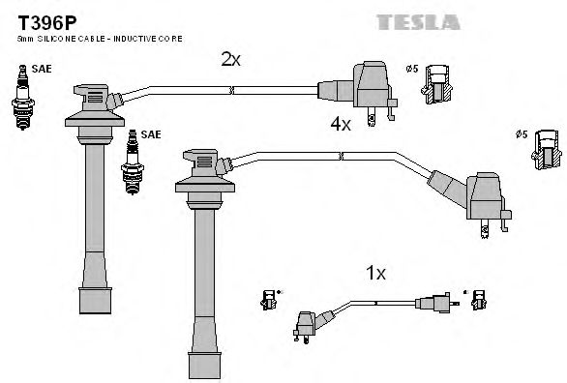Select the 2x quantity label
tap(229, 59)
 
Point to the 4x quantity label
tap(340, 124)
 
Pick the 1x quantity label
tap(376, 274)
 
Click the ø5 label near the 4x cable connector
tap(524, 134)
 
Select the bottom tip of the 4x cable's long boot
tap(203, 368)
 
